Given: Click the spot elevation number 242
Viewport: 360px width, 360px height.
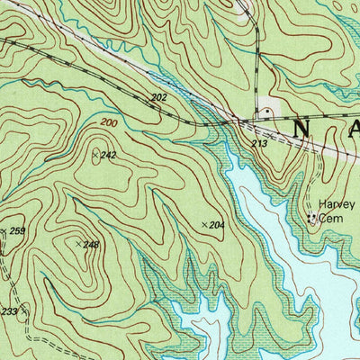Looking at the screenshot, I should click(x=110, y=156).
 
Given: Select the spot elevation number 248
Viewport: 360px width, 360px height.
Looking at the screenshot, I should click(x=91, y=244).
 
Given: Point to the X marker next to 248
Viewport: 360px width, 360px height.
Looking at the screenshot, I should click(x=79, y=241).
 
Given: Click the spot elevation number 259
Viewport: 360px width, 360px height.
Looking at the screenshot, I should click(x=17, y=231).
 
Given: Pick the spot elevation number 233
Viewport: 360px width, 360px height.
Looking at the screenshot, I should click(x=8, y=311).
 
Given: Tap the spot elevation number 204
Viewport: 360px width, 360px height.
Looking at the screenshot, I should click(x=216, y=223).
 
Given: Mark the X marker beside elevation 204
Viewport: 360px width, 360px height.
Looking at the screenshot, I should click(x=203, y=222).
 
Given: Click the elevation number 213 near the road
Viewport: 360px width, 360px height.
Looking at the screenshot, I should click(x=260, y=143).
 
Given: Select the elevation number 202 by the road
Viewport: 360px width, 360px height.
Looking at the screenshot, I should click(x=158, y=97).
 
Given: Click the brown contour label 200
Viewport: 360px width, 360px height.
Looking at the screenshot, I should click(x=109, y=121).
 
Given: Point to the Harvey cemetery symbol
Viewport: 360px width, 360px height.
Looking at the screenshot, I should click(x=312, y=217).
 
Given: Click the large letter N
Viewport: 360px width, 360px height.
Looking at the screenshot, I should click(x=301, y=129).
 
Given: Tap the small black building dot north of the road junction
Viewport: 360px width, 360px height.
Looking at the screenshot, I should click(x=265, y=113).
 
